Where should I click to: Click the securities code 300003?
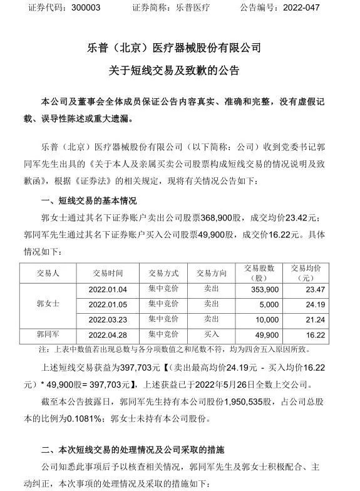click(x=74, y=8)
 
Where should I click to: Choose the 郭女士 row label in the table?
click(x=48, y=304)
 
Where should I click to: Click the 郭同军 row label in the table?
click(x=48, y=334)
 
